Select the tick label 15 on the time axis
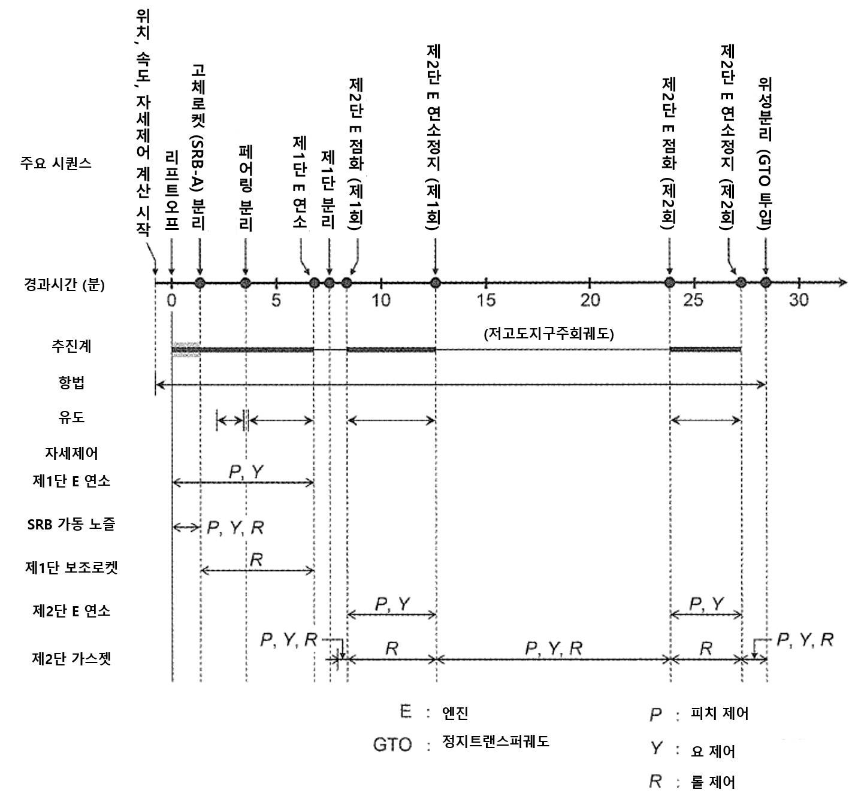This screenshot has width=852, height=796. pyautogui.click(x=486, y=299)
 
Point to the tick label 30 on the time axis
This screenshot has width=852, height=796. pyautogui.click(x=798, y=299)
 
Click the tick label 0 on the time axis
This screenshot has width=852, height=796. pyautogui.click(x=171, y=299)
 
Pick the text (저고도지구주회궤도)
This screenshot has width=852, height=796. pyautogui.click(x=549, y=334)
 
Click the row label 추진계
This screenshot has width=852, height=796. pyautogui.click(x=71, y=346)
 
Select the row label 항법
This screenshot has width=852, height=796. pyautogui.click(x=71, y=383)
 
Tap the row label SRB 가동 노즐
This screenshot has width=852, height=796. pyautogui.click(x=71, y=523)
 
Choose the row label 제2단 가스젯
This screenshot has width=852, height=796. pyautogui.click(x=71, y=659)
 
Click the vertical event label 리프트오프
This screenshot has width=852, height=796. pyautogui.click(x=172, y=191)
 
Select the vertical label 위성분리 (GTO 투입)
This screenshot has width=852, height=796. pyautogui.click(x=765, y=153)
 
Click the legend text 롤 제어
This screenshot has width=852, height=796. pyautogui.click(x=712, y=782)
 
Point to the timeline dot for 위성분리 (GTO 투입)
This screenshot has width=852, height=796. pyautogui.click(x=765, y=283)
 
